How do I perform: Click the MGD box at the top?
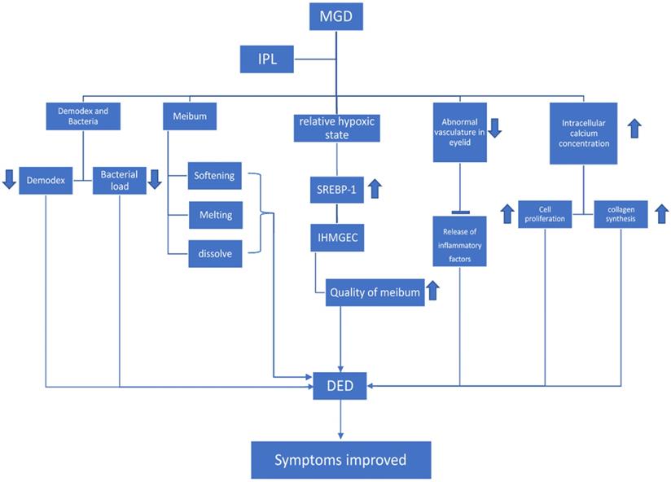point(335,17)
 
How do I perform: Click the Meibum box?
point(191,116)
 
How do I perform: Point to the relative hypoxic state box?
point(335,129)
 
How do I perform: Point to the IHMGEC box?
point(335,239)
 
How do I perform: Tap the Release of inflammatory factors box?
point(460,242)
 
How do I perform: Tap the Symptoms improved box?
point(340,459)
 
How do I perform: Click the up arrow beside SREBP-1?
point(375,188)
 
